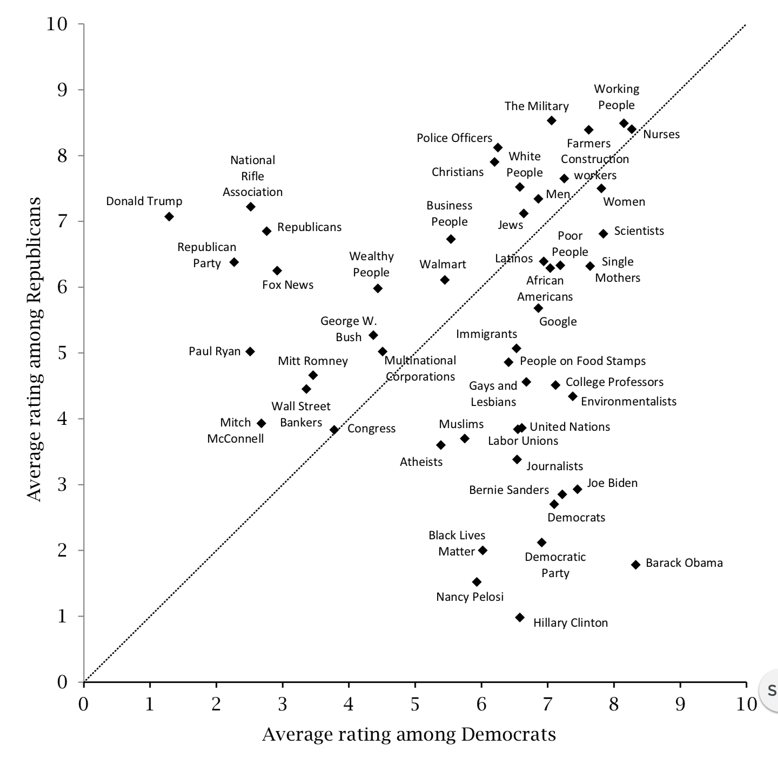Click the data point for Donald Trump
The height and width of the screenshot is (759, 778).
pyautogui.click(x=169, y=216)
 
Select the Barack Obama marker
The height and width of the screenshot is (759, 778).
pyautogui.click(x=635, y=565)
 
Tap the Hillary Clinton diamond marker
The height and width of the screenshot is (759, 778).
pyautogui.click(x=520, y=618)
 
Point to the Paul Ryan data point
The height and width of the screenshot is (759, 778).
pyautogui.click(x=250, y=351)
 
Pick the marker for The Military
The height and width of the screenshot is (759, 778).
pyautogui.click(x=552, y=120)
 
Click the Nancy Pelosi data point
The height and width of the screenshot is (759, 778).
pyautogui.click(x=477, y=582)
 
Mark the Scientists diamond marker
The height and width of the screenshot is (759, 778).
pyautogui.click(x=603, y=233)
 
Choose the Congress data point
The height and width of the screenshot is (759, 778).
pyautogui.click(x=334, y=430)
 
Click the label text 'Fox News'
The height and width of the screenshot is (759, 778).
pyautogui.click(x=287, y=285)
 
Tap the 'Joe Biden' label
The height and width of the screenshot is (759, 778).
pyautogui.click(x=612, y=483)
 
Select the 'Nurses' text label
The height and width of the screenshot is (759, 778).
pyautogui.click(x=661, y=134)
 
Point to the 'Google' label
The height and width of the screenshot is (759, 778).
pyautogui.click(x=558, y=322)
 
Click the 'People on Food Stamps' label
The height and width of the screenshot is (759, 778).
pyautogui.click(x=582, y=361)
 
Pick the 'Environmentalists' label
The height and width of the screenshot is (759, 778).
pyautogui.click(x=628, y=402)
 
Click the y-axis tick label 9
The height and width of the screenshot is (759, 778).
pyautogui.click(x=63, y=90)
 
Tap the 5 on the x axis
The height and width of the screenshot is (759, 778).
pyautogui.click(x=415, y=704)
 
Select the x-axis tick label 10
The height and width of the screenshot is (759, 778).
pyautogui.click(x=746, y=704)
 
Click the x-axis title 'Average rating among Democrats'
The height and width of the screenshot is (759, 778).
pyautogui.click(x=409, y=735)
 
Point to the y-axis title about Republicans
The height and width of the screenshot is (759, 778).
pyautogui.click(x=34, y=350)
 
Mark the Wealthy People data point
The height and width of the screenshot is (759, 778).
pyautogui.click(x=378, y=288)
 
